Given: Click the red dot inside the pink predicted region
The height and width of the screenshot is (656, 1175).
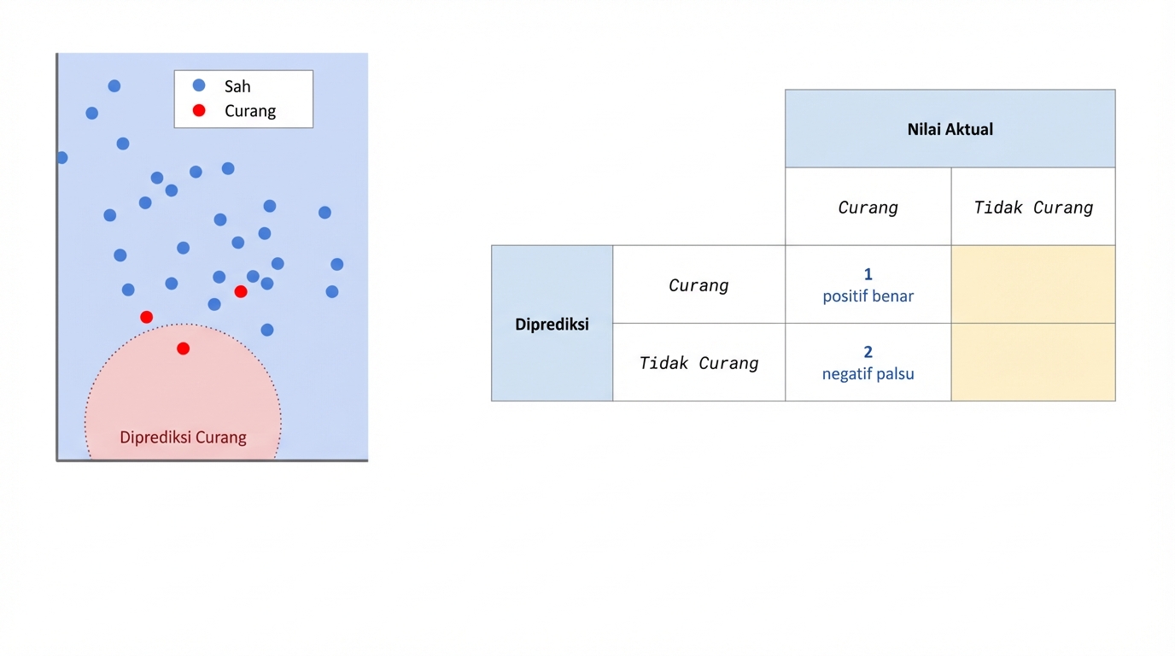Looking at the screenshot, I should (183, 348).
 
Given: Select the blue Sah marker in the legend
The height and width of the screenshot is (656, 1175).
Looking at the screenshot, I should (199, 85).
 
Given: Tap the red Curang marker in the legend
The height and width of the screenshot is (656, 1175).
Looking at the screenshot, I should (199, 110).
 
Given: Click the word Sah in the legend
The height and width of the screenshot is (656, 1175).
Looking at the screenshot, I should (237, 86).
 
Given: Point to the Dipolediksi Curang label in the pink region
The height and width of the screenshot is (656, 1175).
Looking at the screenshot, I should (183, 437).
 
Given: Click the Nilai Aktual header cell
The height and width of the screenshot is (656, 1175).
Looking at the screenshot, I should (950, 129).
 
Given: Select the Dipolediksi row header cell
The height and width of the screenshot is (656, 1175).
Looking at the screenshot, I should (552, 324).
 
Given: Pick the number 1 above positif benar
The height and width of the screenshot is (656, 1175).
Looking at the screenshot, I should (868, 274).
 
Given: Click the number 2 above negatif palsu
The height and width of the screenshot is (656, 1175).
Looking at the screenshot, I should (868, 352).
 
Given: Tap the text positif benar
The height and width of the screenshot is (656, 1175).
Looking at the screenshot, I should (868, 296).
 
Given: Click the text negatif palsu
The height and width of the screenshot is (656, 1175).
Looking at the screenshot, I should (868, 374).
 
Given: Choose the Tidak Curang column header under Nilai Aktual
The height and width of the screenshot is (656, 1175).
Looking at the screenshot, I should (1033, 208).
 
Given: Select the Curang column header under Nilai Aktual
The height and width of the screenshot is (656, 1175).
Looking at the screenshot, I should (868, 208).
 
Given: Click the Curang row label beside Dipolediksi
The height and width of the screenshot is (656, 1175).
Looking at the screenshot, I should (699, 285).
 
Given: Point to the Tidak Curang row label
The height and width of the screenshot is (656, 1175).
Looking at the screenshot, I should (699, 363).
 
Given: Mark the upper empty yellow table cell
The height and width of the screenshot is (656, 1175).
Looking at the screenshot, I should (1033, 284).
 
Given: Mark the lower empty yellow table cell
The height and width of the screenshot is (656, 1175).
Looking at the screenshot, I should (1033, 362).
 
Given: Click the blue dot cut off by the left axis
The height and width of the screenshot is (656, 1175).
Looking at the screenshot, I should (61, 157).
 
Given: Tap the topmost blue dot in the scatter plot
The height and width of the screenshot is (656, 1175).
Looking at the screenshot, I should (114, 85).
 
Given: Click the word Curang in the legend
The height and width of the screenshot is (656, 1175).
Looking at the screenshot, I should (250, 111).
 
